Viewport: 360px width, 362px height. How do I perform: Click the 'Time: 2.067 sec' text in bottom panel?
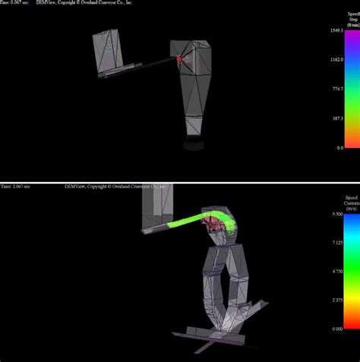(x=18, y=186)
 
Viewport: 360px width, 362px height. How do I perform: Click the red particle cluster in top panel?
(x=180, y=58)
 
